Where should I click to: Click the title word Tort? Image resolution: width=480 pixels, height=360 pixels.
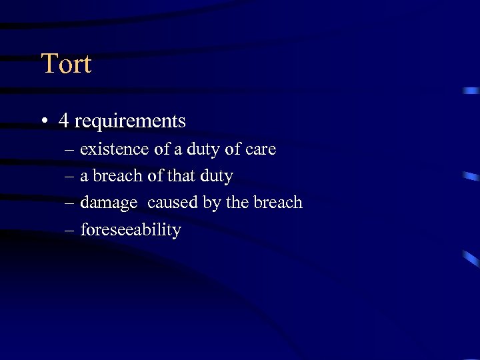pos(66,64)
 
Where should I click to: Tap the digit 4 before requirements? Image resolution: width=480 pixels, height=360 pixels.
pos(63,121)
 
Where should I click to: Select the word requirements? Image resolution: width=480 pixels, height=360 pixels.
pos(130,122)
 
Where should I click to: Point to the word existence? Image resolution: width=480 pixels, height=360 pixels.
pos(115,149)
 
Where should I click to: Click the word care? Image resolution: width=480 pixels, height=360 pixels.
pos(261,150)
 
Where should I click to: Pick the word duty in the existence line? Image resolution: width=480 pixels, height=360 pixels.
pos(201,150)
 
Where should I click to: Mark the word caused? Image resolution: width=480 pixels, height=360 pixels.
pos(174,203)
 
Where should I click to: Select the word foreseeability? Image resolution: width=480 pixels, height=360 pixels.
pos(131,231)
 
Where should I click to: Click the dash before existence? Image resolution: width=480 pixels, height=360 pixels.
pos(70,150)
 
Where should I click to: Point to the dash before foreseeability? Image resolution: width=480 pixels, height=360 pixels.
pos(70,231)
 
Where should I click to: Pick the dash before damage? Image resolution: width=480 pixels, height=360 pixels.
pos(70,203)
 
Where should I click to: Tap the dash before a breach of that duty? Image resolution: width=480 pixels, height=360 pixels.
pos(70,177)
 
